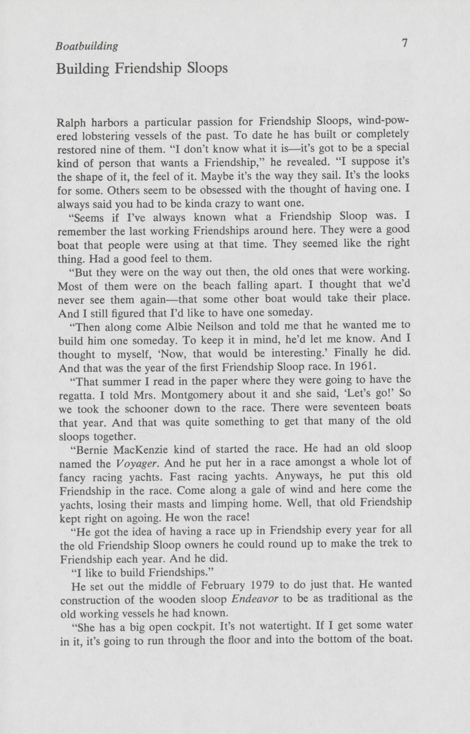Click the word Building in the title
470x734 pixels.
(x=82, y=69)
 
